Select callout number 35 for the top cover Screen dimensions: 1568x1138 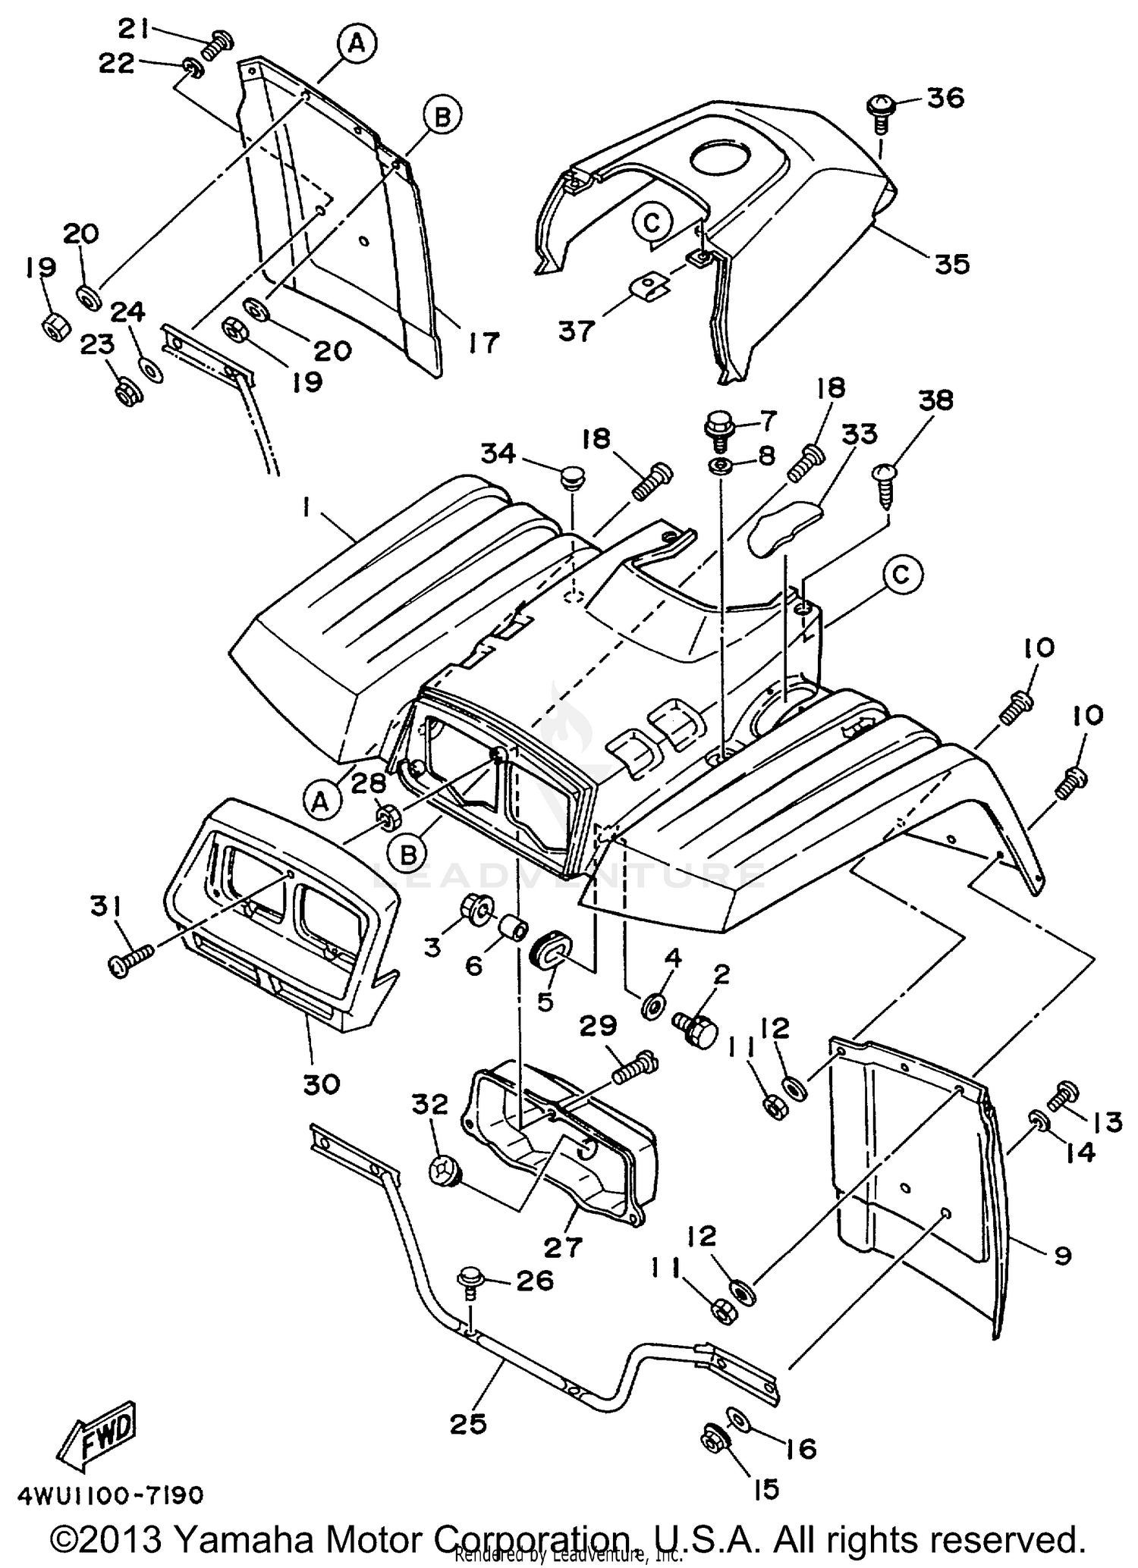click(951, 264)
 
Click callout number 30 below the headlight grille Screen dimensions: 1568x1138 click(321, 1085)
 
